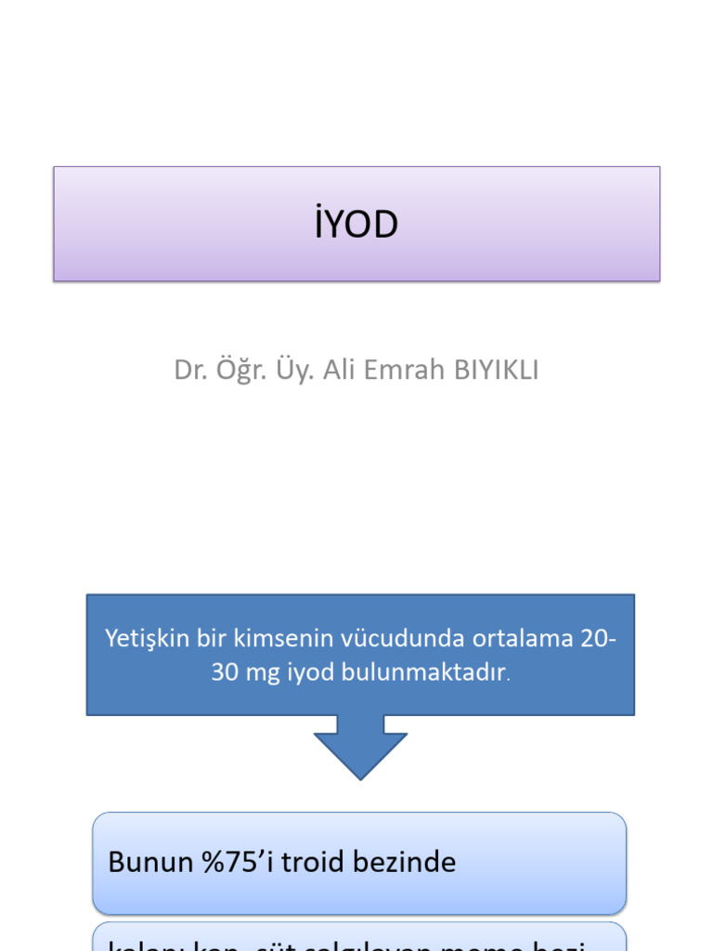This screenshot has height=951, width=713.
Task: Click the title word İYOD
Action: click(x=356, y=226)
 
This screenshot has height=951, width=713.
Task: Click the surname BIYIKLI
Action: click(x=496, y=370)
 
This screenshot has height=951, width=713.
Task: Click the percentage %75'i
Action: click(x=233, y=862)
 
